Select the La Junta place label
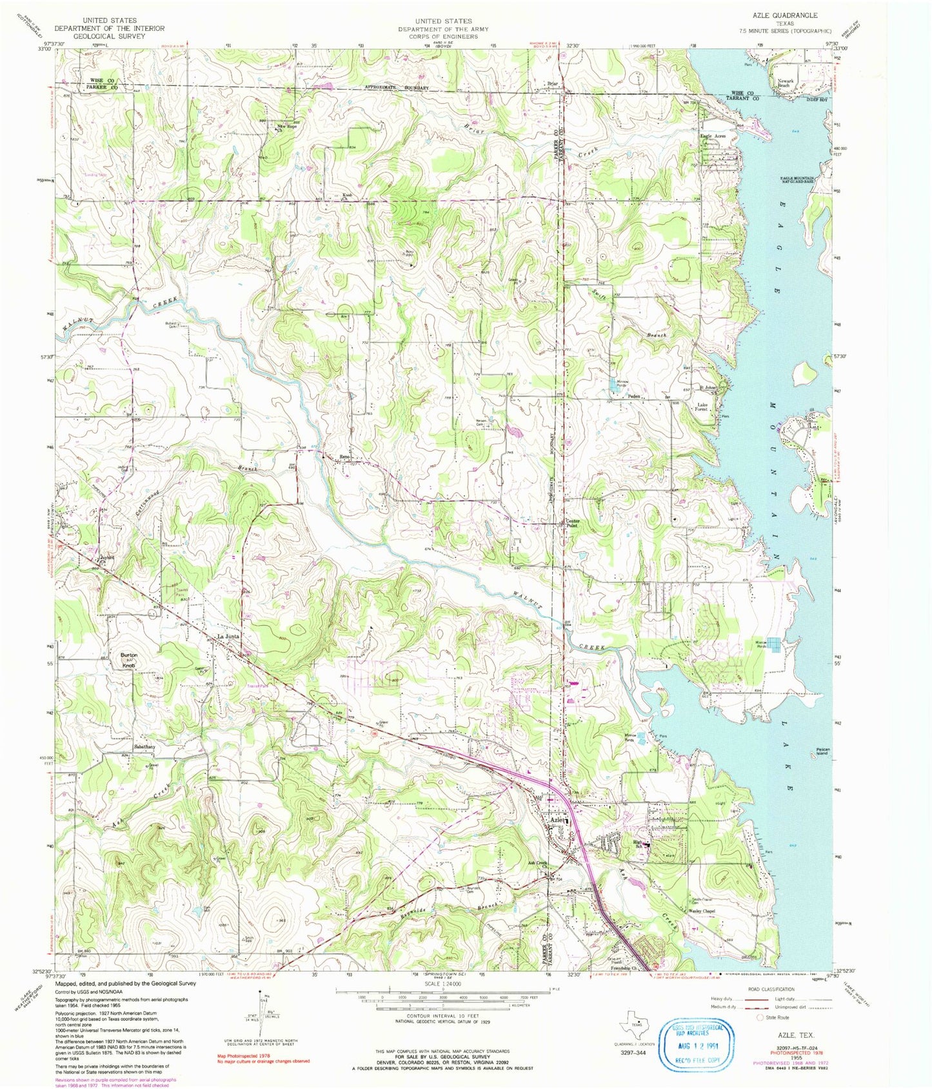point(229,636)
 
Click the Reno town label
point(345,457)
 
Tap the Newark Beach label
point(783,83)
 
